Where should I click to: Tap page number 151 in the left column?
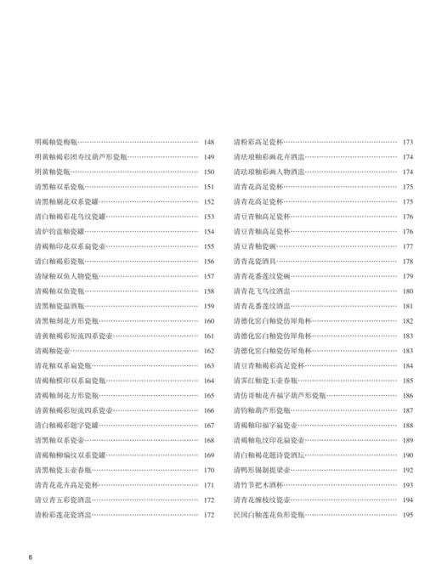pos(209,186)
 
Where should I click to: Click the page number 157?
pos(209,275)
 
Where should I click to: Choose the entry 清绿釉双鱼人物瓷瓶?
pos(66,275)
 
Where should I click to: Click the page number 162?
pos(209,350)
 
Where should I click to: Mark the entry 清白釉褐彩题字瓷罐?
pos(66,424)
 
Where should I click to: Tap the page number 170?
pos(209,469)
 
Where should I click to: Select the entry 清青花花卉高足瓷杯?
pos(66,484)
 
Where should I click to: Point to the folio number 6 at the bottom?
pos(30,556)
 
